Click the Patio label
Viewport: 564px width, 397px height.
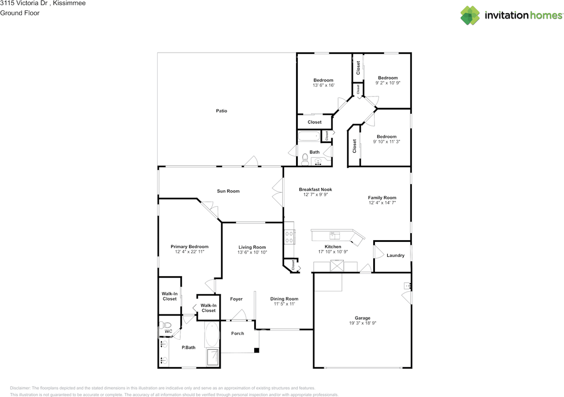click(221, 111)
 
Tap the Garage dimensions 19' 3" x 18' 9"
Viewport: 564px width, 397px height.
click(363, 323)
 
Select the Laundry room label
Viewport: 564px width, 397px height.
click(395, 256)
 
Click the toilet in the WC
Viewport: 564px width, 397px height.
click(164, 326)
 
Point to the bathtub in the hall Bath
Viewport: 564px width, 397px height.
click(309, 136)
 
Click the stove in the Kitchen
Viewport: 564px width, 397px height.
click(289, 237)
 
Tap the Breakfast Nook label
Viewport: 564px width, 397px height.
click(315, 189)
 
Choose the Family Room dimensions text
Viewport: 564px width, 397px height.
click(382, 203)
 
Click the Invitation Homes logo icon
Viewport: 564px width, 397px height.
click(470, 15)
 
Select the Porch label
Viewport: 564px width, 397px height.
click(237, 334)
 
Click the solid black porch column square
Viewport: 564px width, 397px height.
click(256, 350)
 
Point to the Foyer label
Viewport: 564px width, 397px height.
click(236, 299)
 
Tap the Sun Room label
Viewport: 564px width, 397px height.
click(228, 191)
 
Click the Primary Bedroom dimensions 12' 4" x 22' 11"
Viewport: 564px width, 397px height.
click(189, 252)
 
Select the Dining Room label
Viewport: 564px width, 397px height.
click(284, 299)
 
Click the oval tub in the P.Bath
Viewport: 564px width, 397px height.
click(212, 334)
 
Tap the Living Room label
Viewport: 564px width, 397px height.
click(252, 247)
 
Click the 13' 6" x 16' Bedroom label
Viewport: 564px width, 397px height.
click(323, 80)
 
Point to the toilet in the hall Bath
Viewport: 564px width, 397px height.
click(304, 158)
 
